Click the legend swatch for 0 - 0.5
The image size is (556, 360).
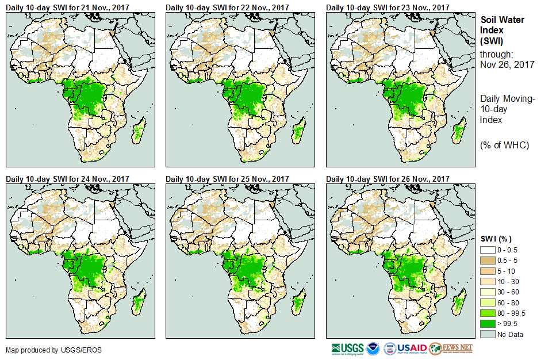[x=488, y=250]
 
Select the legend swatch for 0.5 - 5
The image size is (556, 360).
[x=488, y=260]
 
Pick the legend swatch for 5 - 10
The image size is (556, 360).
[x=488, y=271]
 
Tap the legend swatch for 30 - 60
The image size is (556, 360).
[x=488, y=292]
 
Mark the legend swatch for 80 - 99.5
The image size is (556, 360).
[x=488, y=313]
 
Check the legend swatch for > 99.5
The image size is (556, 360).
[x=488, y=324]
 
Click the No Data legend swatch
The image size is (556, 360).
[x=488, y=334]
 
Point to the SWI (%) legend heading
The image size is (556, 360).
[x=496, y=239]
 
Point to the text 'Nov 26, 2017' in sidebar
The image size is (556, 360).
[x=507, y=65]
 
